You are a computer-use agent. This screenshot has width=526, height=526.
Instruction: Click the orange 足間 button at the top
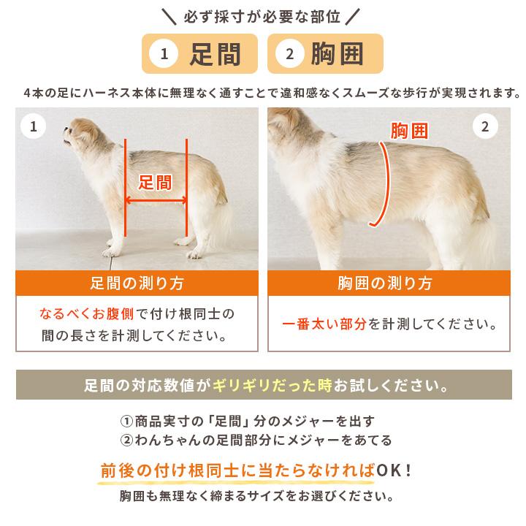[199, 53]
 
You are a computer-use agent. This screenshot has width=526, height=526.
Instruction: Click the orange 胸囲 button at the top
[325, 53]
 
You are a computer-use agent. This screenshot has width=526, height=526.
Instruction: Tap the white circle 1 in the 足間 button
[164, 53]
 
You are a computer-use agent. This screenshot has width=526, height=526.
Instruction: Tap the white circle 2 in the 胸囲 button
[290, 53]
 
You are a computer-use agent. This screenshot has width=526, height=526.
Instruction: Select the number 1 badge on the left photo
[33, 126]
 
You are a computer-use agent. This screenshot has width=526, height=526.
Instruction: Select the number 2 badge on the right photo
[485, 126]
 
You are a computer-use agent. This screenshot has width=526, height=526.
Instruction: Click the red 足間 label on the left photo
[156, 183]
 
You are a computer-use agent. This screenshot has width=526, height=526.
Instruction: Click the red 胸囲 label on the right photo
[409, 131]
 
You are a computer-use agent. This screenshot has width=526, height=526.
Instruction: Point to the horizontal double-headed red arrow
[156, 201]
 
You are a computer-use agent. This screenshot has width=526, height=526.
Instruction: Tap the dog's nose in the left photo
[65, 129]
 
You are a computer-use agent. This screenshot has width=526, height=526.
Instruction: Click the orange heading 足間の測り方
[137, 283]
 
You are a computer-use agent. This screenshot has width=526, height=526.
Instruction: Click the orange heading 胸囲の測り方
[385, 283]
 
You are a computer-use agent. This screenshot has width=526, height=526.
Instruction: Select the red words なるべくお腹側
[86, 314]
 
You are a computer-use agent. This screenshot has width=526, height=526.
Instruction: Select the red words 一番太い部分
[324, 324]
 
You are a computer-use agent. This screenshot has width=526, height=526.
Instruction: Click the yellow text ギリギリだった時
[272, 385]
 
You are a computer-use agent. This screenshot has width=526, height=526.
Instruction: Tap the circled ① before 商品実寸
[127, 421]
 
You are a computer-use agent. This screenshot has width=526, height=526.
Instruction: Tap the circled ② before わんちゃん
[127, 440]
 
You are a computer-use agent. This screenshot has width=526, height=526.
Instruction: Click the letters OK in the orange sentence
[389, 470]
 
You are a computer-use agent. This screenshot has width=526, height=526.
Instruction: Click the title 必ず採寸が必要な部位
[262, 17]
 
